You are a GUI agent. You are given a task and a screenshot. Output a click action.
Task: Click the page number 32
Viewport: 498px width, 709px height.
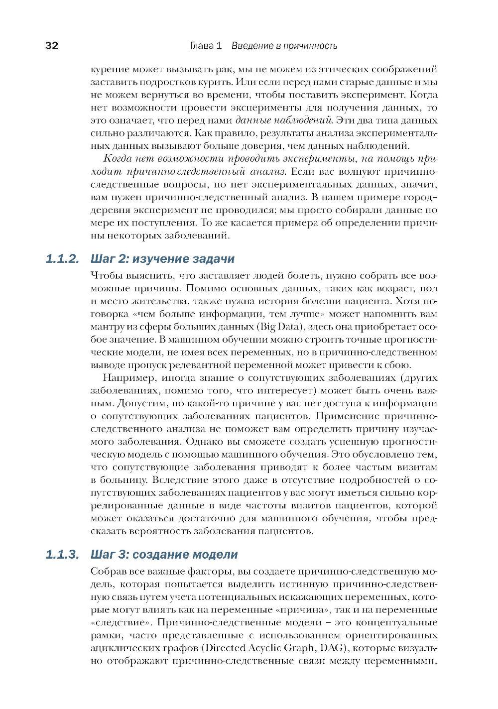(x=52, y=46)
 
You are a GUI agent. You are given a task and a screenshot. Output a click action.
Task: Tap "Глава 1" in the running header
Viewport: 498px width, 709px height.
(x=205, y=46)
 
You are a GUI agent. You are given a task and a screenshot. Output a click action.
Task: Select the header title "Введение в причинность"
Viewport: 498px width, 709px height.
(x=283, y=46)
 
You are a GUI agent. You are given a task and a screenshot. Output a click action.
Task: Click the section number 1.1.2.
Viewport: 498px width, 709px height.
(x=62, y=259)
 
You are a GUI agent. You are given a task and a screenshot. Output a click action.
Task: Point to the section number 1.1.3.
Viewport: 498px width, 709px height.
(x=62, y=554)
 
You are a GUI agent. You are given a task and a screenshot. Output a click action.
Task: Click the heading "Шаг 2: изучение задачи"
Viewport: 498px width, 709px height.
(x=162, y=259)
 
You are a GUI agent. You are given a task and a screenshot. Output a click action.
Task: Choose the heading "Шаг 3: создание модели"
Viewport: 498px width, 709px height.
(x=164, y=554)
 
